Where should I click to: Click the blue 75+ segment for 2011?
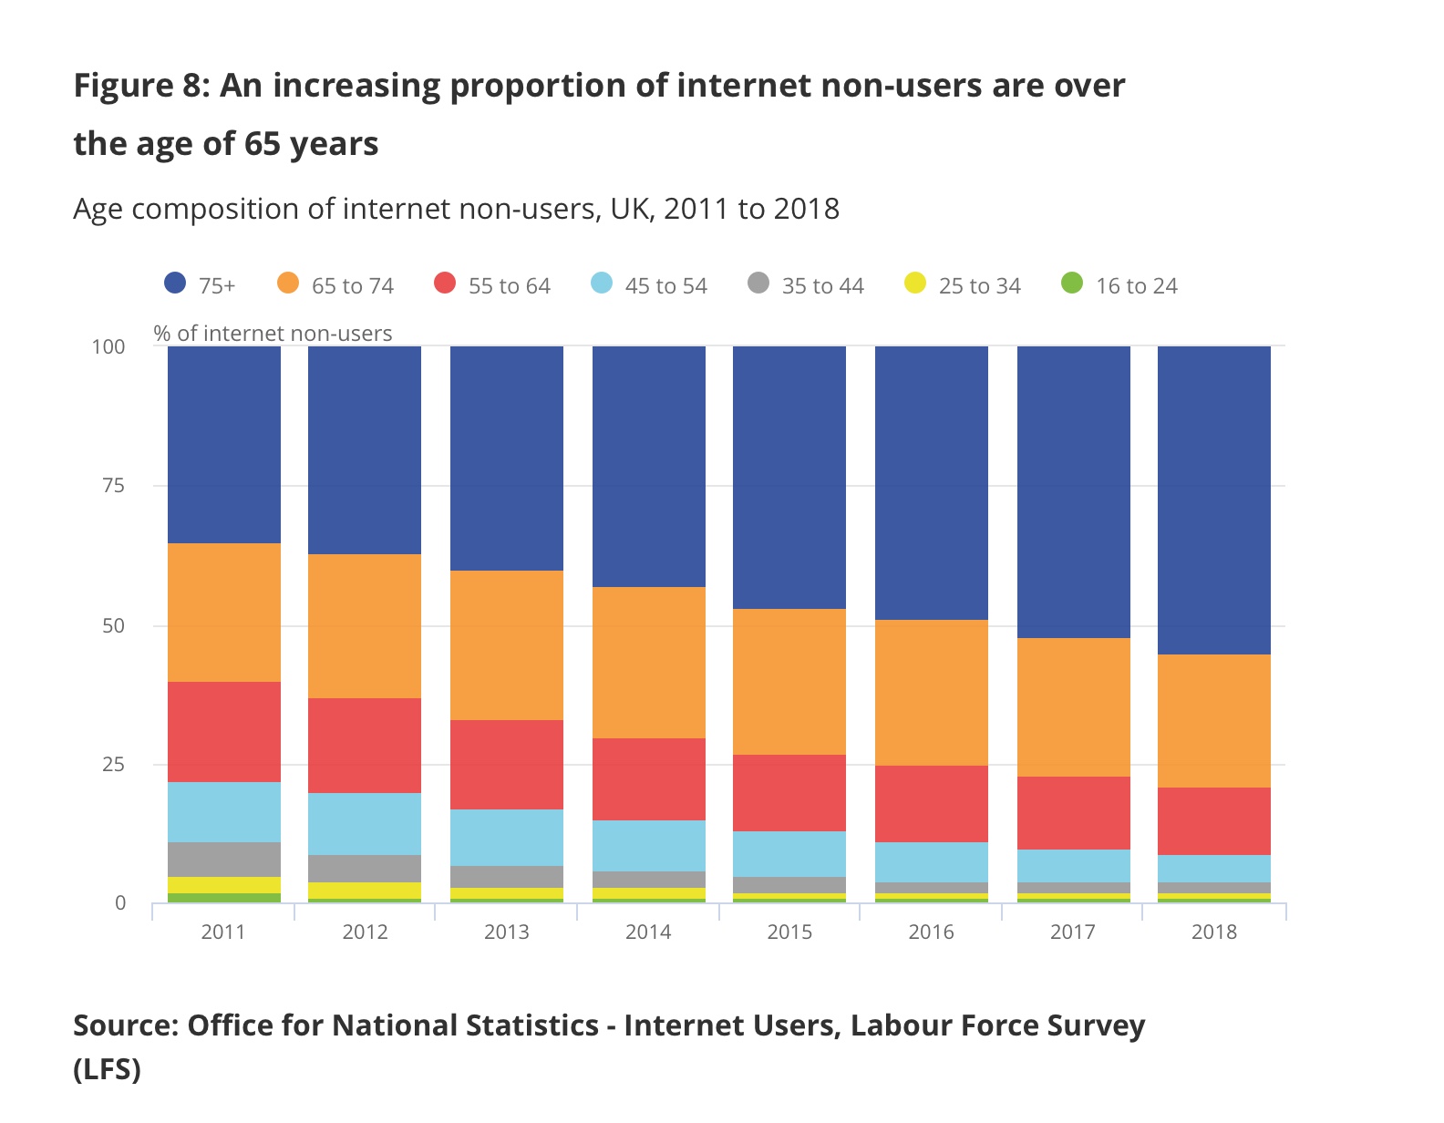(x=224, y=445)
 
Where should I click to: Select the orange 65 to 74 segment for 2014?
(x=649, y=663)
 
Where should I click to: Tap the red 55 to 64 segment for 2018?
(x=1214, y=821)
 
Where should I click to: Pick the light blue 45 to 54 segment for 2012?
(x=365, y=824)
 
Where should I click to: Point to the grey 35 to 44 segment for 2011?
(x=224, y=860)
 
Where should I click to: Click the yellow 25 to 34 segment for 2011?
(x=224, y=885)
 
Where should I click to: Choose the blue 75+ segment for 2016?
(x=932, y=483)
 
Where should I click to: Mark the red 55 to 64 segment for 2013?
(x=507, y=765)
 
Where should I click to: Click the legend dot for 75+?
(x=175, y=283)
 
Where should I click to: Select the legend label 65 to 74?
(x=353, y=286)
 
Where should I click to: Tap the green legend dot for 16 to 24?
(x=1072, y=283)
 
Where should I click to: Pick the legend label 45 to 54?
(x=666, y=286)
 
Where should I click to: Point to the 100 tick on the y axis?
(x=108, y=347)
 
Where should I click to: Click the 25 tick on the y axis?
(x=114, y=765)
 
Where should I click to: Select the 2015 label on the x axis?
(x=789, y=932)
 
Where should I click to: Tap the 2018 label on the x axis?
(x=1214, y=932)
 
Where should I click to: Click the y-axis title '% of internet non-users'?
(x=273, y=334)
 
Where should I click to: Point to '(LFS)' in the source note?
(x=108, y=1068)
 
